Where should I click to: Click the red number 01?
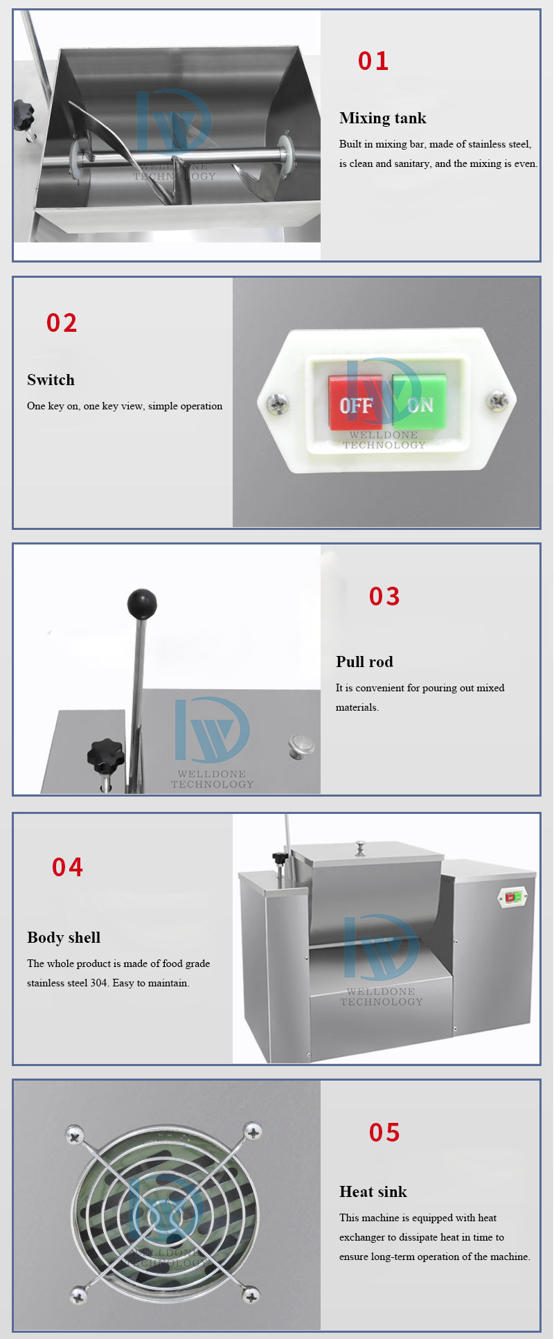coord(373,61)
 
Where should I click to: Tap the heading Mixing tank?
coord(383,118)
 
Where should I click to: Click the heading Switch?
coord(51,380)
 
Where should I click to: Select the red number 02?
coord(62,323)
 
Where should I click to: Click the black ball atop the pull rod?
coord(142,603)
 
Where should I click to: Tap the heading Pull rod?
coord(364,662)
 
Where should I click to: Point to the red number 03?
coord(384,596)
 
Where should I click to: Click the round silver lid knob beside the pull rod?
coord(301,745)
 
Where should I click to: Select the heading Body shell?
coord(64,937)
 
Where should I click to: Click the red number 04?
coord(67,867)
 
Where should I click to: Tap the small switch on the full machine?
coord(513,897)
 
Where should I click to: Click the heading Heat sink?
coord(373,1191)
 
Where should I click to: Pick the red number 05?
coord(384,1133)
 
